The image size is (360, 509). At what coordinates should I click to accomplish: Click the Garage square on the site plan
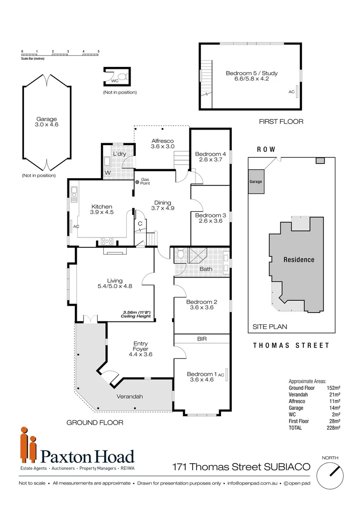pyautogui.click(x=256, y=181)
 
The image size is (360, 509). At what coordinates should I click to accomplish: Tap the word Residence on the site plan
pyautogui.click(x=298, y=260)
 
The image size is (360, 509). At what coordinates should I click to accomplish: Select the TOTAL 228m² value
pyautogui.click(x=333, y=427)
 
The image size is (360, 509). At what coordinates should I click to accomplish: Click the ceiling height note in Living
pyautogui.click(x=136, y=314)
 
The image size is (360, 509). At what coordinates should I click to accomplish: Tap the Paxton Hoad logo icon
pyautogui.click(x=28, y=445)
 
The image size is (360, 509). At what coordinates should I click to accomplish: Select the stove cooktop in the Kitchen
pyautogui.click(x=107, y=242)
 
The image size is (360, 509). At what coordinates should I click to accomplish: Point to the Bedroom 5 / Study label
pyautogui.click(x=251, y=73)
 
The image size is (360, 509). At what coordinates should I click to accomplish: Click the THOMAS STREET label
pyautogui.click(x=291, y=345)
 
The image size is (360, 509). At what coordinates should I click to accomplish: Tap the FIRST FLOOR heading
pyautogui.click(x=281, y=122)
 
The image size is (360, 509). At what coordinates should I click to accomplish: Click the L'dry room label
pyautogui.click(x=119, y=154)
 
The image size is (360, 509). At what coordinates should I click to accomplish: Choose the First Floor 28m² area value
pyautogui.click(x=333, y=421)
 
